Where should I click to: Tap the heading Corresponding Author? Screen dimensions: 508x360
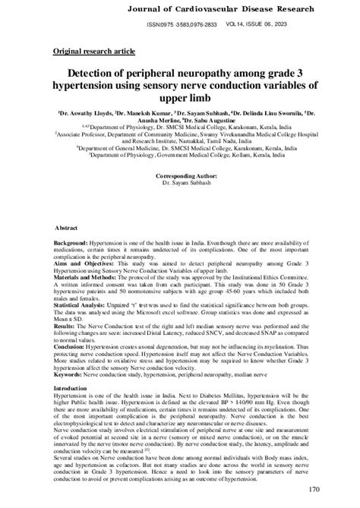(179, 196)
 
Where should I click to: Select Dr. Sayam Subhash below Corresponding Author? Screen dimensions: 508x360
(180, 204)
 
